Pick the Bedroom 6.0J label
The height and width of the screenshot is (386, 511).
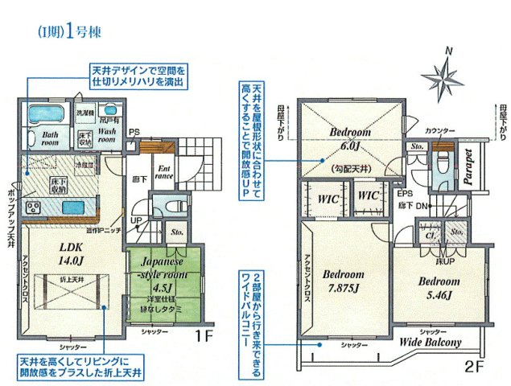tap(348, 138)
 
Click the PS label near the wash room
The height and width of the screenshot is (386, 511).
tap(134, 132)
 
